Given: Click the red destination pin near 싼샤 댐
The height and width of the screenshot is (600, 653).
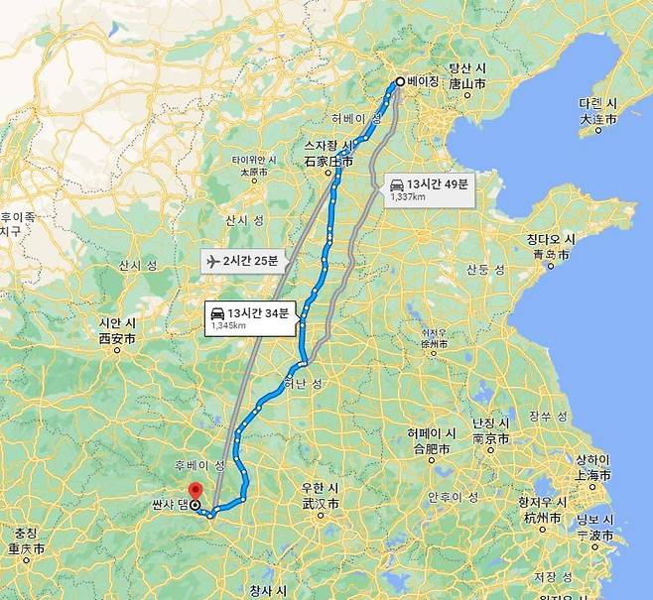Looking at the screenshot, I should (x=195, y=491).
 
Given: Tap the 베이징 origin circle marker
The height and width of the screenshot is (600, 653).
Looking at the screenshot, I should (x=399, y=82).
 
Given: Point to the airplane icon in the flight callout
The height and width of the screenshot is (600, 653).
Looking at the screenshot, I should (x=210, y=262).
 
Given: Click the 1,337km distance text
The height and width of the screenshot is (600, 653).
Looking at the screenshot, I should (x=409, y=197).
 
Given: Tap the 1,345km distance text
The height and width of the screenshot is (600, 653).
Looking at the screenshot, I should (x=228, y=325).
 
